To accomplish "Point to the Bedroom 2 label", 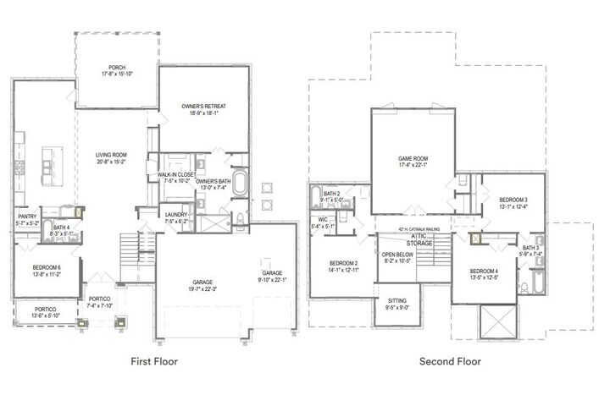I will (x=343, y=266).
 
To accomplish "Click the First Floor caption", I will (x=153, y=361).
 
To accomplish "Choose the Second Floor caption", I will (x=450, y=361).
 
